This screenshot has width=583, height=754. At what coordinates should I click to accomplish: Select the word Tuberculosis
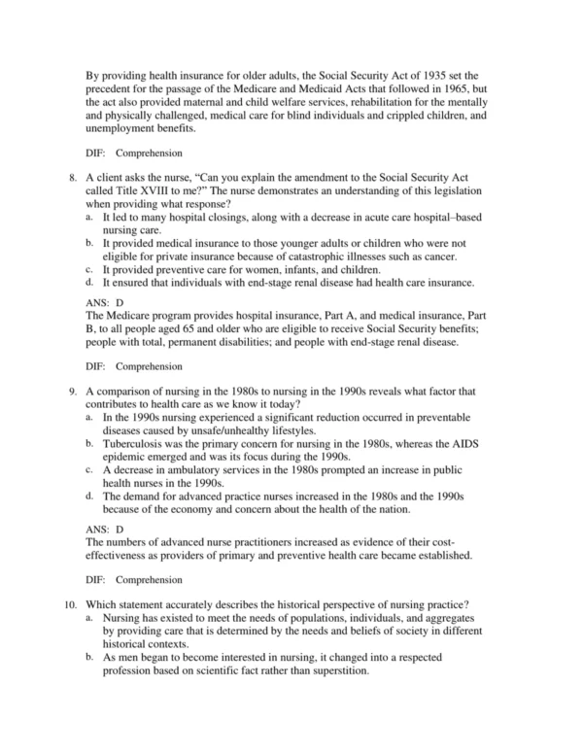[139, 444]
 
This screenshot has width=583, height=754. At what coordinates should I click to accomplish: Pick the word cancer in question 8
[437, 256]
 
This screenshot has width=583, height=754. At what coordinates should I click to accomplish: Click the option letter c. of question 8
[89, 269]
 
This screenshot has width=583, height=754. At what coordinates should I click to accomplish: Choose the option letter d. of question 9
[89, 496]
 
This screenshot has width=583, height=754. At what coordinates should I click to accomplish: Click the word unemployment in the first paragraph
[126, 126]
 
